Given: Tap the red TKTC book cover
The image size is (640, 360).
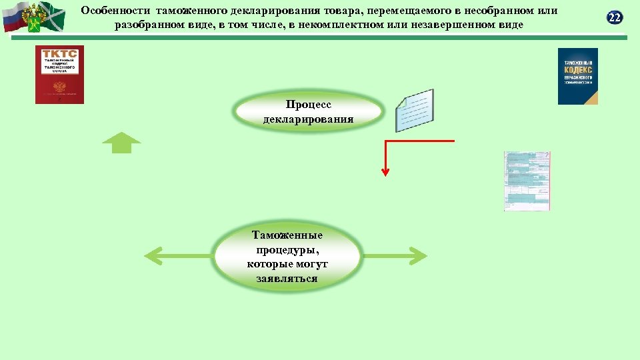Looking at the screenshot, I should coord(59,75).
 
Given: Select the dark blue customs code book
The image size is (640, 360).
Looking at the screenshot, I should coord(577,76).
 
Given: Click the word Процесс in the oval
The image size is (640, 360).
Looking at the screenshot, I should coord(309,105).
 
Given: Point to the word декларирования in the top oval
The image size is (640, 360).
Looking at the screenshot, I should coord(309,119).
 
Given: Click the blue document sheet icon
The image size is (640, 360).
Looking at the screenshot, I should coord(414,110).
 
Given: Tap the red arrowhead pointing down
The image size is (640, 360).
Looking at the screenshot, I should coord(385,172).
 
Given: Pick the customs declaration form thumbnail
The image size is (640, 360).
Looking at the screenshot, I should coord(527,181).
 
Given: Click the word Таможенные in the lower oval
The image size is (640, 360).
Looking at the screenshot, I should coord(287,235).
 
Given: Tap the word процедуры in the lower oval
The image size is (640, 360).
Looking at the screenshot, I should coord(287,250).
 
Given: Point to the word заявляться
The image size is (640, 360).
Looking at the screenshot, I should coord(287,278).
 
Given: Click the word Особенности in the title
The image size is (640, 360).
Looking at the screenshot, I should coord(116,11).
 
